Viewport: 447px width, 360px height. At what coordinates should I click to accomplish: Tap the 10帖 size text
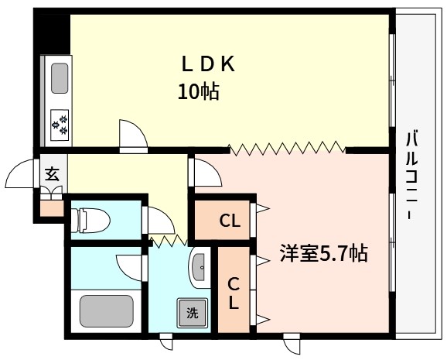pos(199,92)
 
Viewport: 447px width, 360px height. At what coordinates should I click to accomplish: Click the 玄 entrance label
pos(51,173)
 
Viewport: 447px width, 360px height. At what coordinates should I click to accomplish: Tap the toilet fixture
pos(87,219)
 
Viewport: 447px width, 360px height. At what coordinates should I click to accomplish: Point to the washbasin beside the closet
pos(197,268)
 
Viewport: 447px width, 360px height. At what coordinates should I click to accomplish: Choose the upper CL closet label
pos(229,221)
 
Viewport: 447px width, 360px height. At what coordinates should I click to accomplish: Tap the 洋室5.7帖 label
pos(322,253)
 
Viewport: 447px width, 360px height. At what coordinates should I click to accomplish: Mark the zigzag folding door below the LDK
pos(286,147)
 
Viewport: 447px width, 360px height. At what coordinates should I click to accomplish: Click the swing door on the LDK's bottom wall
pos(132,135)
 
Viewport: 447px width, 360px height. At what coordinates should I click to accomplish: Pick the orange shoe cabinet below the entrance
pos(51,207)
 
